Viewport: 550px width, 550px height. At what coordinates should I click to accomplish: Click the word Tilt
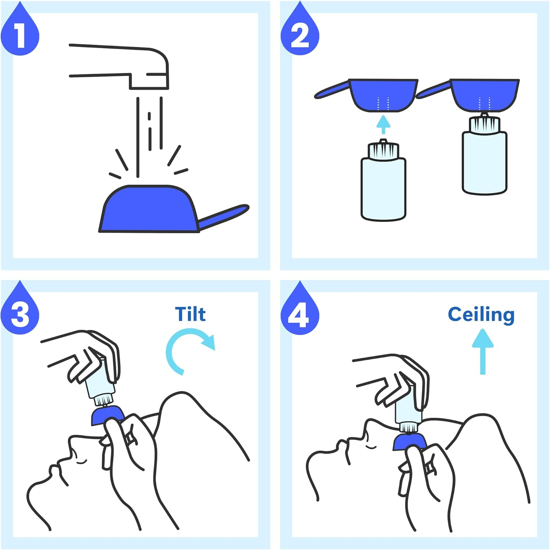[190, 314]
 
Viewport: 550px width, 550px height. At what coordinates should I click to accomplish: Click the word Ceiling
[481, 315]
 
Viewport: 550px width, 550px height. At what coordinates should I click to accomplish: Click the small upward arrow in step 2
[384, 125]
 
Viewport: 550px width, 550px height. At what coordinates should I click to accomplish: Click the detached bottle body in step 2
[383, 189]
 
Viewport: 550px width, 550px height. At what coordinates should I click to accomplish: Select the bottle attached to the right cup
[484, 161]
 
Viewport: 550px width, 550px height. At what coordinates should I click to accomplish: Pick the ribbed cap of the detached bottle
[383, 150]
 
